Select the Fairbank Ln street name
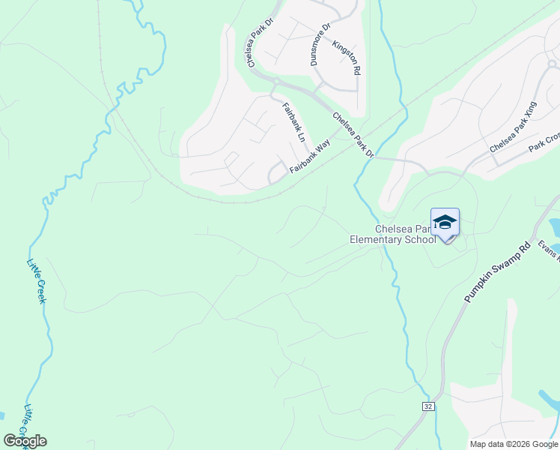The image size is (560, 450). click(x=293, y=123)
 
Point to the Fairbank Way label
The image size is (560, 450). click(x=310, y=160)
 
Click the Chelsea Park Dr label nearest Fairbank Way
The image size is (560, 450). click(x=353, y=136)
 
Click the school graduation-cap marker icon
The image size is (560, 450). click(x=445, y=223)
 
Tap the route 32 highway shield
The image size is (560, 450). click(x=427, y=406)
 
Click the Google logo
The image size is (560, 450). click(x=25, y=441)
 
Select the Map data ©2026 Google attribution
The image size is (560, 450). click(x=514, y=444)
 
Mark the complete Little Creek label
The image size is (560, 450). click(x=37, y=280)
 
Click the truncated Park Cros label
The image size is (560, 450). click(x=544, y=142)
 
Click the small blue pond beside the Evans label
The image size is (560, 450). click(x=555, y=226)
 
